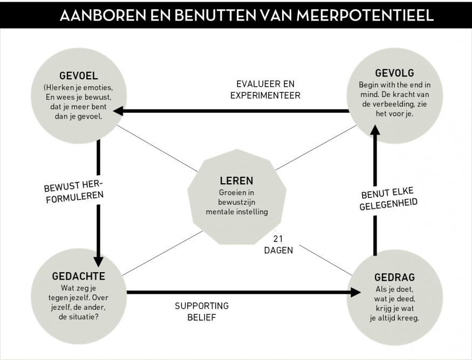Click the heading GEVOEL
[x=79, y=76]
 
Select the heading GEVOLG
[x=395, y=73]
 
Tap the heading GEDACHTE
[x=79, y=276]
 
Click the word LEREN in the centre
[x=237, y=181]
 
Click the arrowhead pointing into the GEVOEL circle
[x=118, y=111]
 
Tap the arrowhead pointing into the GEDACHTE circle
[x=98, y=261]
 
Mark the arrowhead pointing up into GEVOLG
[x=375, y=130]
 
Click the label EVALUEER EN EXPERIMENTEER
[x=265, y=89]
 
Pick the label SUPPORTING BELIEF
[x=202, y=311]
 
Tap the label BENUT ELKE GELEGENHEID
[x=388, y=198]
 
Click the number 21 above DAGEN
[x=278, y=239]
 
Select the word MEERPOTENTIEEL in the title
[x=365, y=15]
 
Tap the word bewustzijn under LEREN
[x=237, y=202]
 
